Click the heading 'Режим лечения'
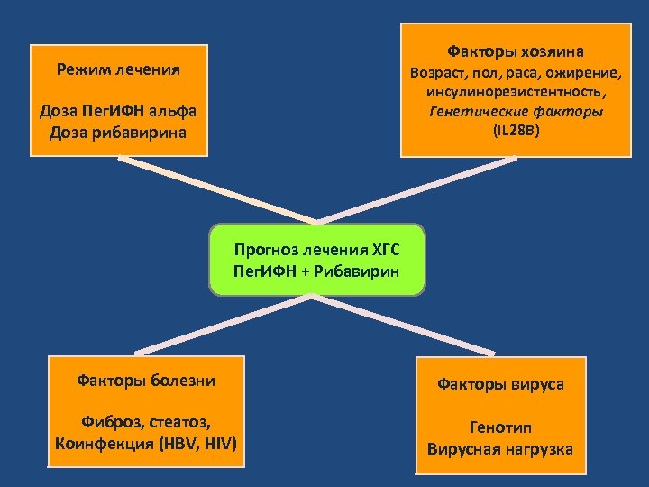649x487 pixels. (118, 69)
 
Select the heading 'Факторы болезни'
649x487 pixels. (146, 381)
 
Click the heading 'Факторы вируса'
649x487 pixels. (501, 384)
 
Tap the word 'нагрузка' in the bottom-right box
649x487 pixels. (538, 448)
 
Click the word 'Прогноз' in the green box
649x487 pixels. (267, 249)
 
